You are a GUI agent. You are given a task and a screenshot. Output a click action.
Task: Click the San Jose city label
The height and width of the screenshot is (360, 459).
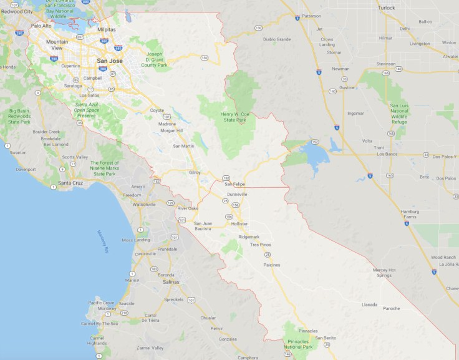110,61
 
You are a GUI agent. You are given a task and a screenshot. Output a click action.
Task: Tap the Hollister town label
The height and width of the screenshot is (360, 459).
239,223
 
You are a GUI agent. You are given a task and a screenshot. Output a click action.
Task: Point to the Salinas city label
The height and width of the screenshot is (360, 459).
170,282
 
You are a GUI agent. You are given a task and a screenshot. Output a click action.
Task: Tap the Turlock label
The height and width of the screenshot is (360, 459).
386,7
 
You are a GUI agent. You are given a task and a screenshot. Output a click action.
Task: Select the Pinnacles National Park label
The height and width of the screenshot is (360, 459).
298,343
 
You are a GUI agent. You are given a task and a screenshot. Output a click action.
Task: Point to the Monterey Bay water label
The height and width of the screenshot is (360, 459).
103,240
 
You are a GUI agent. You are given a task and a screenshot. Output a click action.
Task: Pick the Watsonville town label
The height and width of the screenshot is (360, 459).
144,204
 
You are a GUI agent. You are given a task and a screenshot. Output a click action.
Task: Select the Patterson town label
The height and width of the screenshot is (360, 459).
311,16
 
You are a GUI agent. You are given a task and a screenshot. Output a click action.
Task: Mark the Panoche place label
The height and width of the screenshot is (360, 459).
391,308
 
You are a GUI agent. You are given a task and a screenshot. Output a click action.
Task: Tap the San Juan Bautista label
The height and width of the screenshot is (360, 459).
206,226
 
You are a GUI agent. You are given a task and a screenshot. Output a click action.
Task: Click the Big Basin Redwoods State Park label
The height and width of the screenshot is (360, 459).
19,117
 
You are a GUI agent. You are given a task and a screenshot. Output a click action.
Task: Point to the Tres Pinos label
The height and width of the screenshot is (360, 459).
260,245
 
